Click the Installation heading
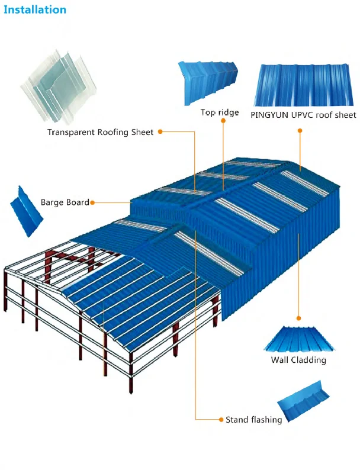point(35,9)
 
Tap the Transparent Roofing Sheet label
point(100,132)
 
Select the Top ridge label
point(220,112)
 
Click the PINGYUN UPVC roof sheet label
point(303,114)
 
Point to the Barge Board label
point(65,202)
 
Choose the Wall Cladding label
point(298,360)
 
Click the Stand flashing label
point(253,420)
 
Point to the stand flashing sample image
point(303,403)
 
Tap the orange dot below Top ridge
point(223,121)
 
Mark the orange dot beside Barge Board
point(93,202)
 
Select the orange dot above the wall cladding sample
point(298,318)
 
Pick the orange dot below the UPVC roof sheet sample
point(300,132)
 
